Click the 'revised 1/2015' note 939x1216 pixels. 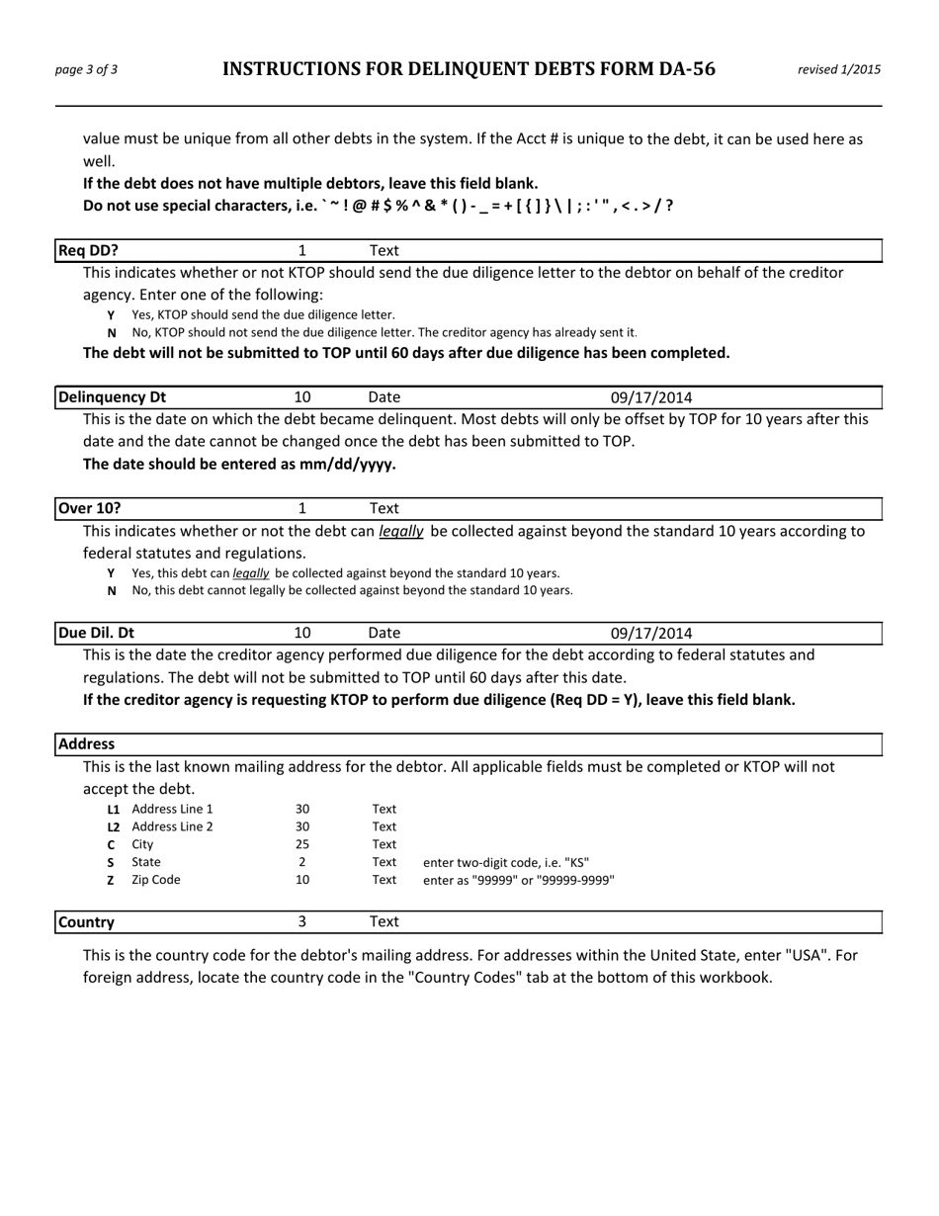pyautogui.click(x=839, y=69)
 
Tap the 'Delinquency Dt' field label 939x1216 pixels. pyautogui.click(x=112, y=397)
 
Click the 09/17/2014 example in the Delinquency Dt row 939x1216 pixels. pyautogui.click(x=651, y=397)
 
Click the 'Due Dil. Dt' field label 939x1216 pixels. pyautogui.click(x=96, y=633)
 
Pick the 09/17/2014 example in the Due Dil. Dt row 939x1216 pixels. pyautogui.click(x=651, y=633)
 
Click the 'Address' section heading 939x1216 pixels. pyautogui.click(x=86, y=743)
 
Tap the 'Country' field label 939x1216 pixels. pyautogui.click(x=86, y=921)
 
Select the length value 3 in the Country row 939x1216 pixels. pyautogui.click(x=302, y=921)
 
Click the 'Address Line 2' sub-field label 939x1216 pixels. pyautogui.click(x=172, y=826)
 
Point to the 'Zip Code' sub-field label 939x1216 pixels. pyautogui.click(x=156, y=880)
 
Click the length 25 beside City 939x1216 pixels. pyautogui.click(x=302, y=844)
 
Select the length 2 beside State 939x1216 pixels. pyautogui.click(x=302, y=862)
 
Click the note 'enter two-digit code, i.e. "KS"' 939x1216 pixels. pyautogui.click(x=506, y=862)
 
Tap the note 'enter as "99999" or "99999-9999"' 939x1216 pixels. pyautogui.click(x=519, y=880)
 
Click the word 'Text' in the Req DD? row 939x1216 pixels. pyautogui.click(x=384, y=251)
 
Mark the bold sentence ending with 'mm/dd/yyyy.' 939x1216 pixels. pyautogui.click(x=239, y=463)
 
